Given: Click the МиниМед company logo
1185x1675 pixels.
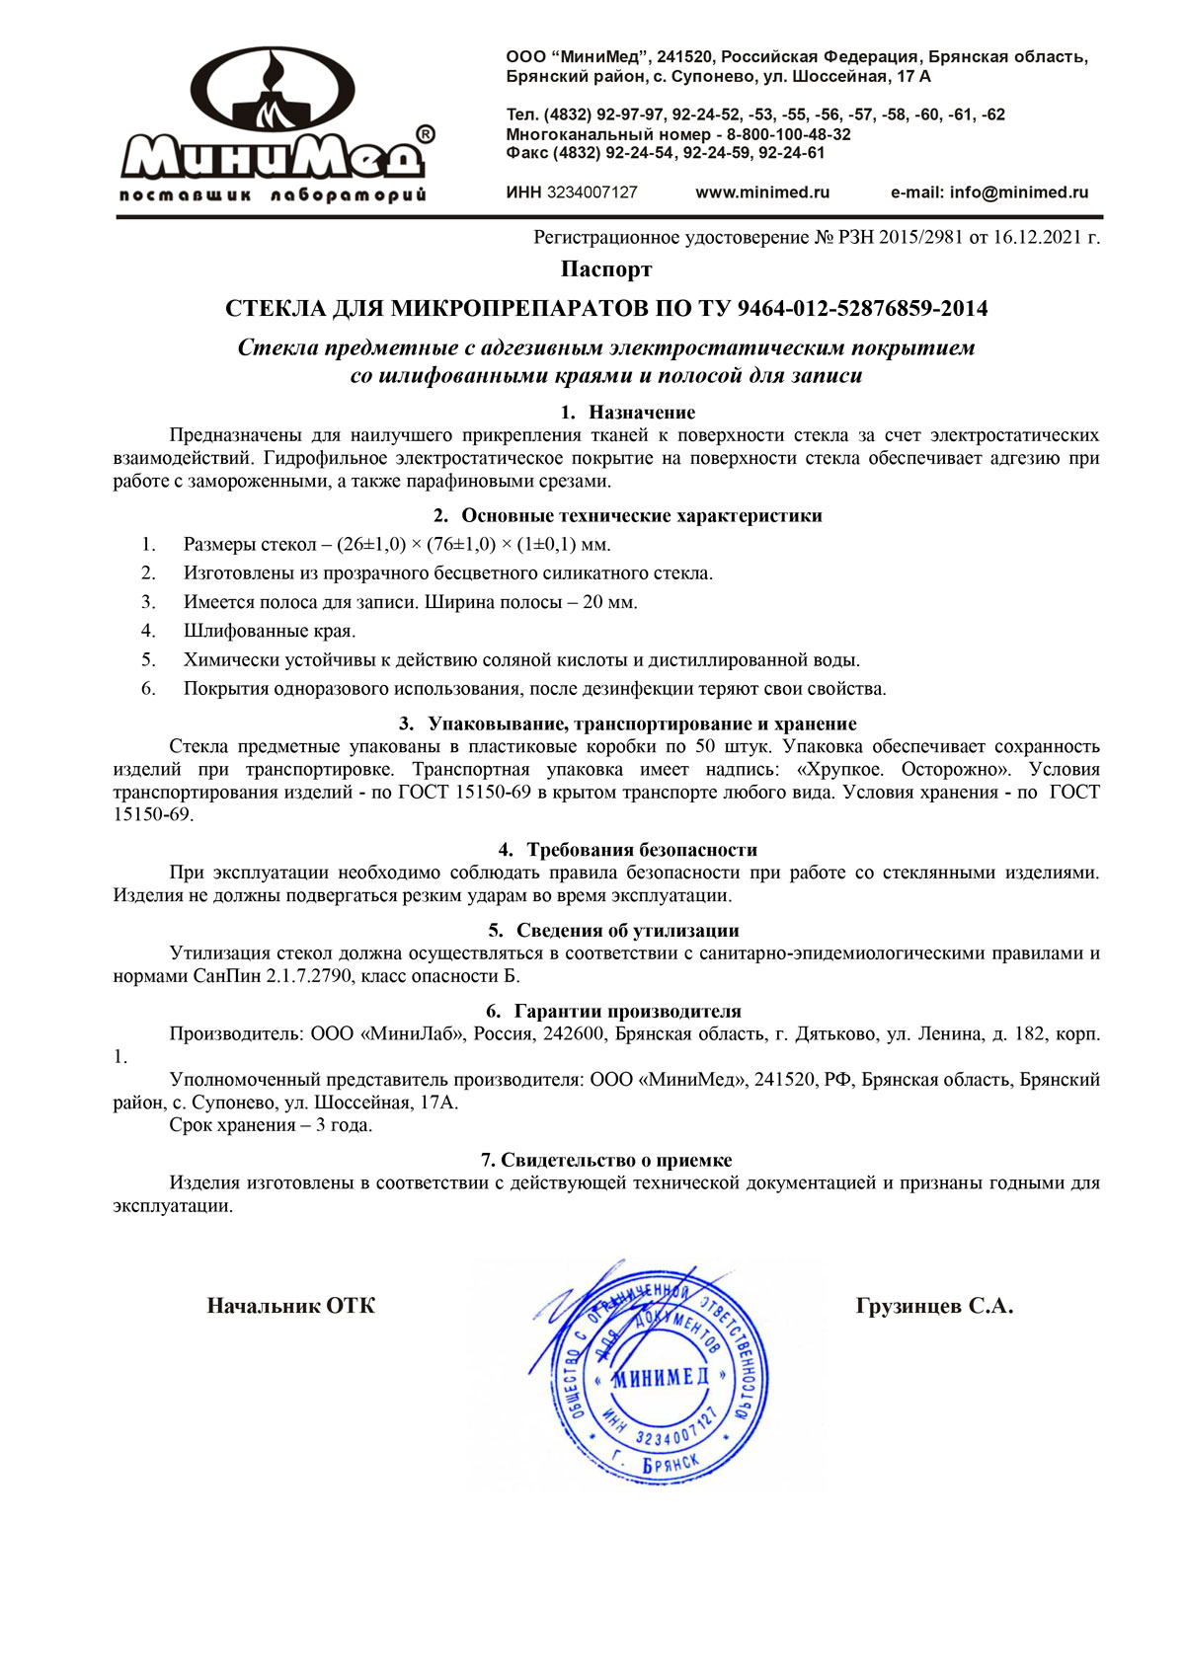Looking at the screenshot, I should click(x=275, y=123).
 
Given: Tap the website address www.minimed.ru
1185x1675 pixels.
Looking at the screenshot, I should click(x=762, y=192).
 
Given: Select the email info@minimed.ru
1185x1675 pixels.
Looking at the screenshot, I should click(x=1018, y=192).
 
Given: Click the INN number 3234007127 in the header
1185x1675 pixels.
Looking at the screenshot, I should click(x=592, y=192).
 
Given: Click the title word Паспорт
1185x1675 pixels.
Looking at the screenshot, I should click(x=606, y=269).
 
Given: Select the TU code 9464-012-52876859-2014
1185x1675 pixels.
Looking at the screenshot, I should click(x=862, y=309).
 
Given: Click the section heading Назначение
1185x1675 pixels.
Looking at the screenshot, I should click(x=642, y=413).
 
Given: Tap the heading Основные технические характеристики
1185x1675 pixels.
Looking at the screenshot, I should click(x=641, y=515).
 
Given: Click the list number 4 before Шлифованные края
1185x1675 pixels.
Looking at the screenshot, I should click(x=148, y=631).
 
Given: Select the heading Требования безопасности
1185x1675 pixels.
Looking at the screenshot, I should click(x=642, y=850).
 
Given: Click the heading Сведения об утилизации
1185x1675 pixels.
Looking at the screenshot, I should click(x=627, y=931).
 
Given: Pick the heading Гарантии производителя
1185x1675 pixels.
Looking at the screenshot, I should click(x=627, y=1012).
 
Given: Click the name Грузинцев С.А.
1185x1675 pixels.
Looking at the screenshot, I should click(x=934, y=1307).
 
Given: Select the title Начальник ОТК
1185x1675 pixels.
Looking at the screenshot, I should click(x=291, y=1307).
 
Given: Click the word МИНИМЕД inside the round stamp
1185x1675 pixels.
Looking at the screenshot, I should click(x=660, y=1378).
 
